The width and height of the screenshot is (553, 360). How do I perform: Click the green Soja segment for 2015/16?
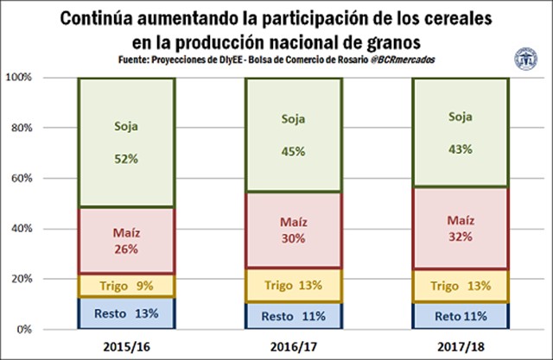(127, 142)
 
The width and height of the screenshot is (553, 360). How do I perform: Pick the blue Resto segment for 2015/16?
(127, 314)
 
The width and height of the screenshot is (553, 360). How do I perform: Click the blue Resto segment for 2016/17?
(294, 316)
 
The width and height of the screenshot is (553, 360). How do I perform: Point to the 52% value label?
(125, 159)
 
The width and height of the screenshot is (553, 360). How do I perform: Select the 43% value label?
(460, 148)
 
